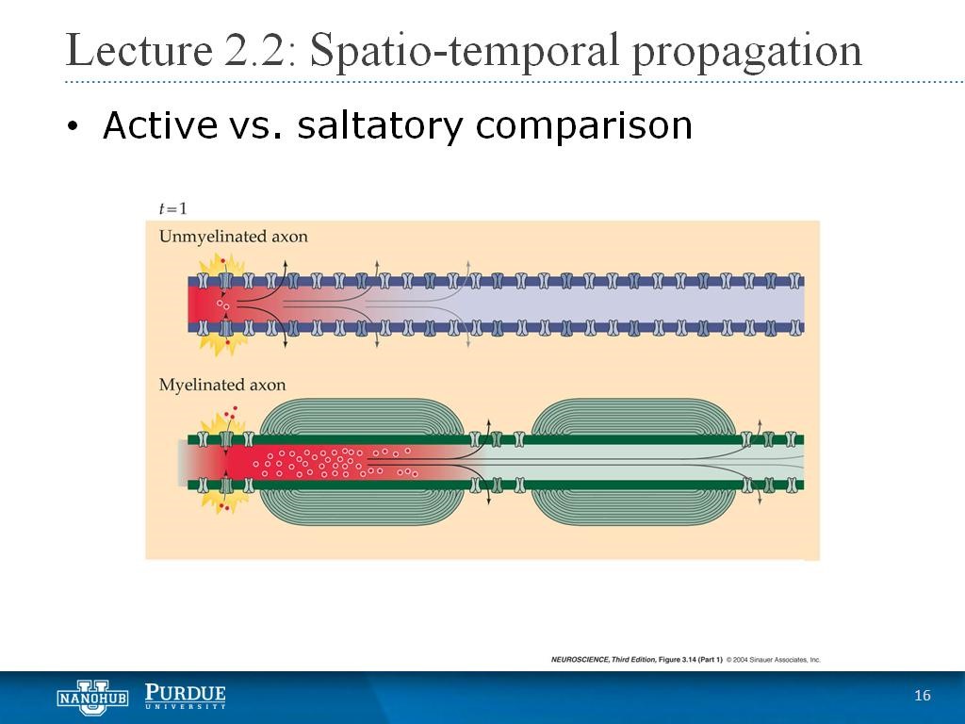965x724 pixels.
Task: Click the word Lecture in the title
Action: coord(139,51)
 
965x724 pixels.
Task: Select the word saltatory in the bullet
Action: coord(380,125)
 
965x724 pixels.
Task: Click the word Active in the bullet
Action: coord(160,124)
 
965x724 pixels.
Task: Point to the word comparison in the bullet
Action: coord(584,127)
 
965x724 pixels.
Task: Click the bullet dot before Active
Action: coord(74,125)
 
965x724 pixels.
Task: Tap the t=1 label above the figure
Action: coord(172,208)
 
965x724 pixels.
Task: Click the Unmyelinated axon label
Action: coord(234,237)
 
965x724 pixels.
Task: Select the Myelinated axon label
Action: coord(222,386)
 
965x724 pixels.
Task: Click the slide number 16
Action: coord(922,696)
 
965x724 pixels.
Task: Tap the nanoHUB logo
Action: coord(92,698)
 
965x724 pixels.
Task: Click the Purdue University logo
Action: coord(186,697)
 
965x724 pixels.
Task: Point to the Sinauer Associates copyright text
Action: coord(773,659)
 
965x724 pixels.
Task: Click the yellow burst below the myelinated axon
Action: coord(224,498)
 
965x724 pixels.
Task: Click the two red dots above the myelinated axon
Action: coord(231,411)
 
